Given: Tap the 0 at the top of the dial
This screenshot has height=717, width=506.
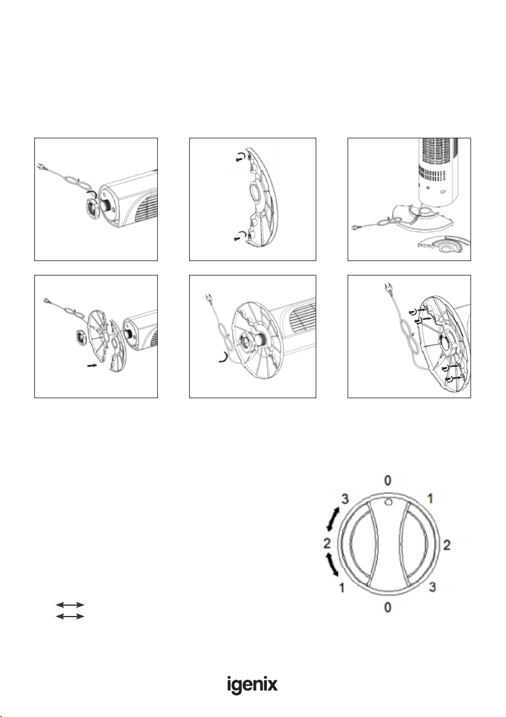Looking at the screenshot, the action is click(x=388, y=480).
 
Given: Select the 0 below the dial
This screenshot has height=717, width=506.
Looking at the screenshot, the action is click(x=388, y=608).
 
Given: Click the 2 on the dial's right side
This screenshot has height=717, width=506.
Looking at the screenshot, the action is click(x=446, y=544).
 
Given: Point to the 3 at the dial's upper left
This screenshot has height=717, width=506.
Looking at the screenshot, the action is click(x=344, y=499).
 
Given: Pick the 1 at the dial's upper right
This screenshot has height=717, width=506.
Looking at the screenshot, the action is click(x=430, y=498).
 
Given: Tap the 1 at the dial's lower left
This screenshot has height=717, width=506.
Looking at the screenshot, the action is click(x=342, y=587).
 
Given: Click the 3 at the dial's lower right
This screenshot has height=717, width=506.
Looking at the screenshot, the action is click(x=433, y=586).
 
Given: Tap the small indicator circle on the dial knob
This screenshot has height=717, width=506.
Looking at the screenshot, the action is click(x=389, y=502).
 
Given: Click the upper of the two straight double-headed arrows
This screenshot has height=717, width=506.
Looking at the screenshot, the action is click(x=70, y=605).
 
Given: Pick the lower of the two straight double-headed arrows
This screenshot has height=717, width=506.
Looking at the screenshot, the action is click(x=70, y=617).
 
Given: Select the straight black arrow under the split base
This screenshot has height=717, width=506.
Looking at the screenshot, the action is click(x=92, y=365).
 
